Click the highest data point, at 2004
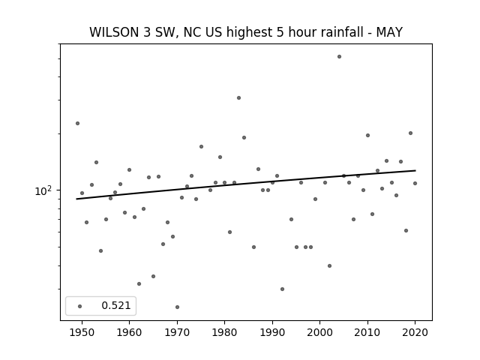(x=339, y=57)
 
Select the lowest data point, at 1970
(x=177, y=307)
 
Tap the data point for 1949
(x=77, y=123)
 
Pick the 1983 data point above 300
(x=238, y=98)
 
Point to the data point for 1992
(x=282, y=289)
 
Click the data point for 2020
(x=415, y=183)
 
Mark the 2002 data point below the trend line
(x=329, y=265)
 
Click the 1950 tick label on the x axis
(x=82, y=332)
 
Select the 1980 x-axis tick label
(x=224, y=332)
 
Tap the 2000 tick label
(x=319, y=332)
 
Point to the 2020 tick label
(x=415, y=332)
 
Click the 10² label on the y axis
(x=43, y=190)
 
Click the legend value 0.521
(x=116, y=305)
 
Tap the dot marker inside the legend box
(x=80, y=306)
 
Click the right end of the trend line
(x=415, y=170)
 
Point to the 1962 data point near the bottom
(x=139, y=283)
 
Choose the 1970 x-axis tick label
(x=177, y=332)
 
